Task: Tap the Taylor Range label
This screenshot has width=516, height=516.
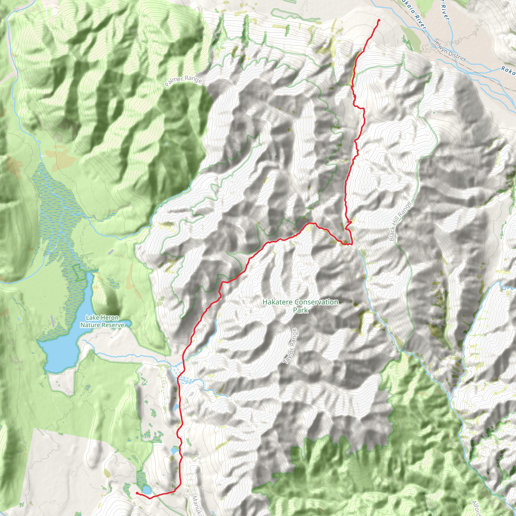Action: [x=290, y=346]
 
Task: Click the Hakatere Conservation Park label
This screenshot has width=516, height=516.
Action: [x=301, y=306]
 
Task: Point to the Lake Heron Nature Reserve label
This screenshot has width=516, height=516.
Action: [x=102, y=321]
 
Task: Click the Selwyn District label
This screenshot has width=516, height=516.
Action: [x=450, y=50]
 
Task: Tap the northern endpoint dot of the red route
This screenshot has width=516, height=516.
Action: [x=379, y=20]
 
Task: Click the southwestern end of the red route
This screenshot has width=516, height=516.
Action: [x=137, y=493]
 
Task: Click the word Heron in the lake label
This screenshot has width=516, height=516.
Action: [x=110, y=317]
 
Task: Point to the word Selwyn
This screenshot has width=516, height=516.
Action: [x=441, y=45]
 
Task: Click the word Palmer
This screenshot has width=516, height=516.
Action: [x=175, y=81]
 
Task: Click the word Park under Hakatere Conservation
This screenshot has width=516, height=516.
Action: [x=301, y=310]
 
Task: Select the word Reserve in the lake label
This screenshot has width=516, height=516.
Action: [x=114, y=325]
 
